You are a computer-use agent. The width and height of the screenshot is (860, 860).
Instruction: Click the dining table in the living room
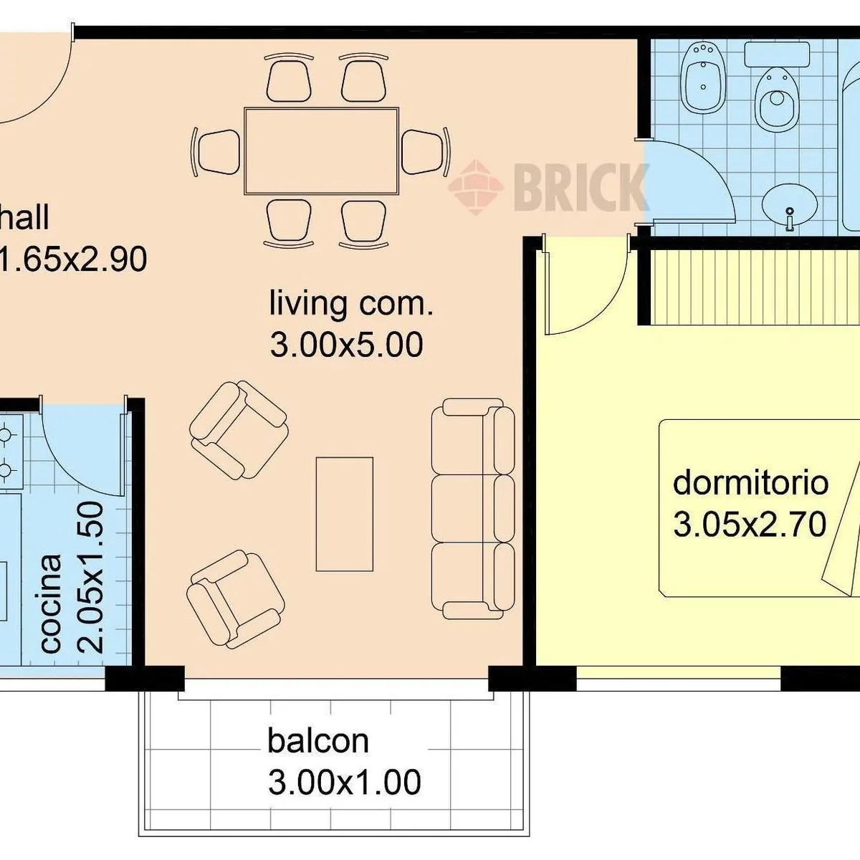click(x=321, y=150)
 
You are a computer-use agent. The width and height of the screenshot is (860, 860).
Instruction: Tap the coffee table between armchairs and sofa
click(x=345, y=514)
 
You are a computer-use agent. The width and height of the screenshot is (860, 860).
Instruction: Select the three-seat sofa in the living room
click(x=473, y=508)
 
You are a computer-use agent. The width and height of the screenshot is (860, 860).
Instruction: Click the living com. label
click(x=351, y=303)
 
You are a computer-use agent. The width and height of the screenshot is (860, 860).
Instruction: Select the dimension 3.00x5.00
click(x=346, y=344)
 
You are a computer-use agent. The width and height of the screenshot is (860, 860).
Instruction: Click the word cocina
click(x=51, y=603)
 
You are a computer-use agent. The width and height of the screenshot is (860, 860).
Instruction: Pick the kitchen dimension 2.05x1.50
click(x=90, y=578)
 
